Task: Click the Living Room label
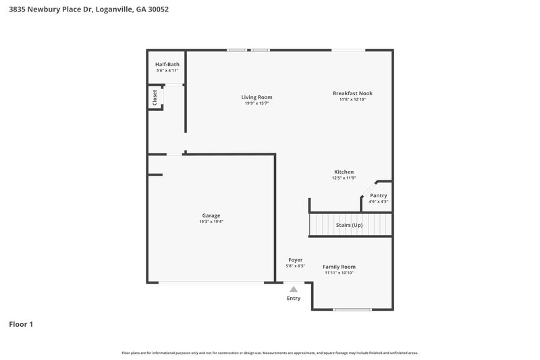(x=256, y=97)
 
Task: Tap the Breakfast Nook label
(x=352, y=93)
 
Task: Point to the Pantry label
(x=378, y=195)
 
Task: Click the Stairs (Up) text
(x=349, y=225)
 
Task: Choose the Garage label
(x=211, y=215)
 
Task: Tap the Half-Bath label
(x=167, y=64)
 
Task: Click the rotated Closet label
(x=155, y=97)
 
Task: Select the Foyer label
(x=295, y=259)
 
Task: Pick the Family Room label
(x=339, y=267)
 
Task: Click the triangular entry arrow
(x=293, y=289)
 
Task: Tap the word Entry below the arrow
(x=293, y=298)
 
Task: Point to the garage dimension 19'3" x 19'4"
(x=211, y=222)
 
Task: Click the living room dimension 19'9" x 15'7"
(x=256, y=103)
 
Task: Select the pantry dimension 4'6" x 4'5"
(x=378, y=201)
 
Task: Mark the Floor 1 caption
(x=21, y=324)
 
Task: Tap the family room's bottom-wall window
(x=352, y=309)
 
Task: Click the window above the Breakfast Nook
(x=348, y=49)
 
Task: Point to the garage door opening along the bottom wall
(x=211, y=282)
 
